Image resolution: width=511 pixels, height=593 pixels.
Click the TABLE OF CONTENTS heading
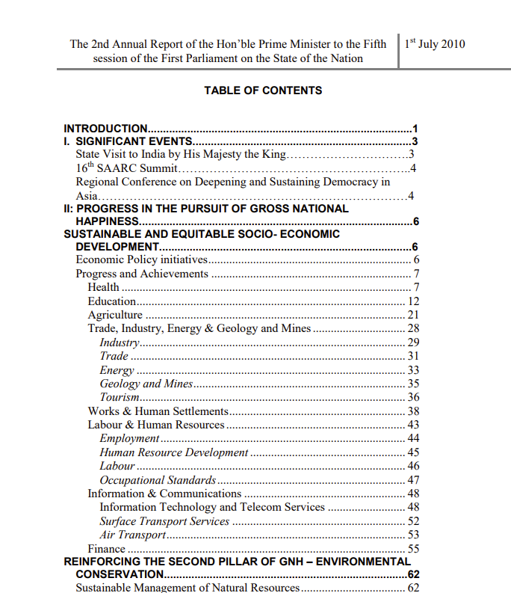point(263,90)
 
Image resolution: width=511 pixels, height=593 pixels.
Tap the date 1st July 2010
point(435,43)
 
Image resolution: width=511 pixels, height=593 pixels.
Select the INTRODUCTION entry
point(105,129)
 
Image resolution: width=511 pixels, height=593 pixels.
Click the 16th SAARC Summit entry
point(126,168)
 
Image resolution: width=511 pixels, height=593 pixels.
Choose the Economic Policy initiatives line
point(141,260)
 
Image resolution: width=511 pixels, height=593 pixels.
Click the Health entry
point(103,287)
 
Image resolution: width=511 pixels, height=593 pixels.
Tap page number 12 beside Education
point(413,301)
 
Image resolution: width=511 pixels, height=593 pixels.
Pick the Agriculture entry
point(115,315)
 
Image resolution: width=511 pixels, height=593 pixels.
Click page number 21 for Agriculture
point(413,315)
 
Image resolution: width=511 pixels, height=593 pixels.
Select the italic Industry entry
point(120,342)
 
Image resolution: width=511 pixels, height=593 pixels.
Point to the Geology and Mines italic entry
point(146,384)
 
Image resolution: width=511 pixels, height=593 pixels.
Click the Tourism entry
point(120,397)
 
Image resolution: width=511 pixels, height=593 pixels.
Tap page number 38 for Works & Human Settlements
point(413,411)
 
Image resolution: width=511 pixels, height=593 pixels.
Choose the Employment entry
point(129,438)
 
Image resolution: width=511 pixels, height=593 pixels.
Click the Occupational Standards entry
point(158,479)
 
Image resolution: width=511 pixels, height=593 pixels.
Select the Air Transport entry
point(132,535)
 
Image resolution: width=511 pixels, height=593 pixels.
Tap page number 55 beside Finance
point(413,549)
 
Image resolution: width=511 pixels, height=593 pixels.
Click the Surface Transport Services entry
point(164,521)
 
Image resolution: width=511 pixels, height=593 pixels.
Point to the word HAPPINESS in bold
point(108,221)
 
